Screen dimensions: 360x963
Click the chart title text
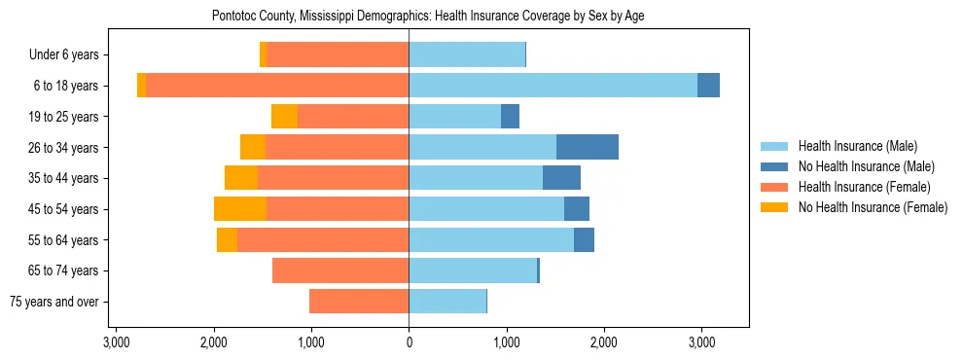[428, 16]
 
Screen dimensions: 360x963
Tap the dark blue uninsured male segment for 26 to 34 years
[588, 147]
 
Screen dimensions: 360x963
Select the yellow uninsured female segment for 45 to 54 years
[240, 209]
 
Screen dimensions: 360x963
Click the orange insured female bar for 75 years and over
[359, 302]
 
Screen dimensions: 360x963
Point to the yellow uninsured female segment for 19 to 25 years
[284, 117]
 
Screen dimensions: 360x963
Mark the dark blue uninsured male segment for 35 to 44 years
[561, 178]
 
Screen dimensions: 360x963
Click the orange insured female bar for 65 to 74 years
[340, 270]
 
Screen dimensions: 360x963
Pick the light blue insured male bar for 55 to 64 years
[491, 240]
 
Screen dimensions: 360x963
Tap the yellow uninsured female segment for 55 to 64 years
[227, 240]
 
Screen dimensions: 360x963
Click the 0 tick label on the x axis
[409, 342]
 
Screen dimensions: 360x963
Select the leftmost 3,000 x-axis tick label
[116, 342]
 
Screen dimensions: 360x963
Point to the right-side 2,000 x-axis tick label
[604, 342]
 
